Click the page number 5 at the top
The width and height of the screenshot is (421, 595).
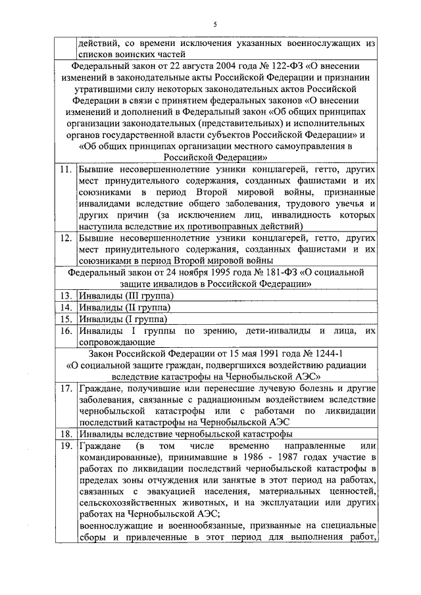coord(215,24)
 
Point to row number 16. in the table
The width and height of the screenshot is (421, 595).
coord(64,331)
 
